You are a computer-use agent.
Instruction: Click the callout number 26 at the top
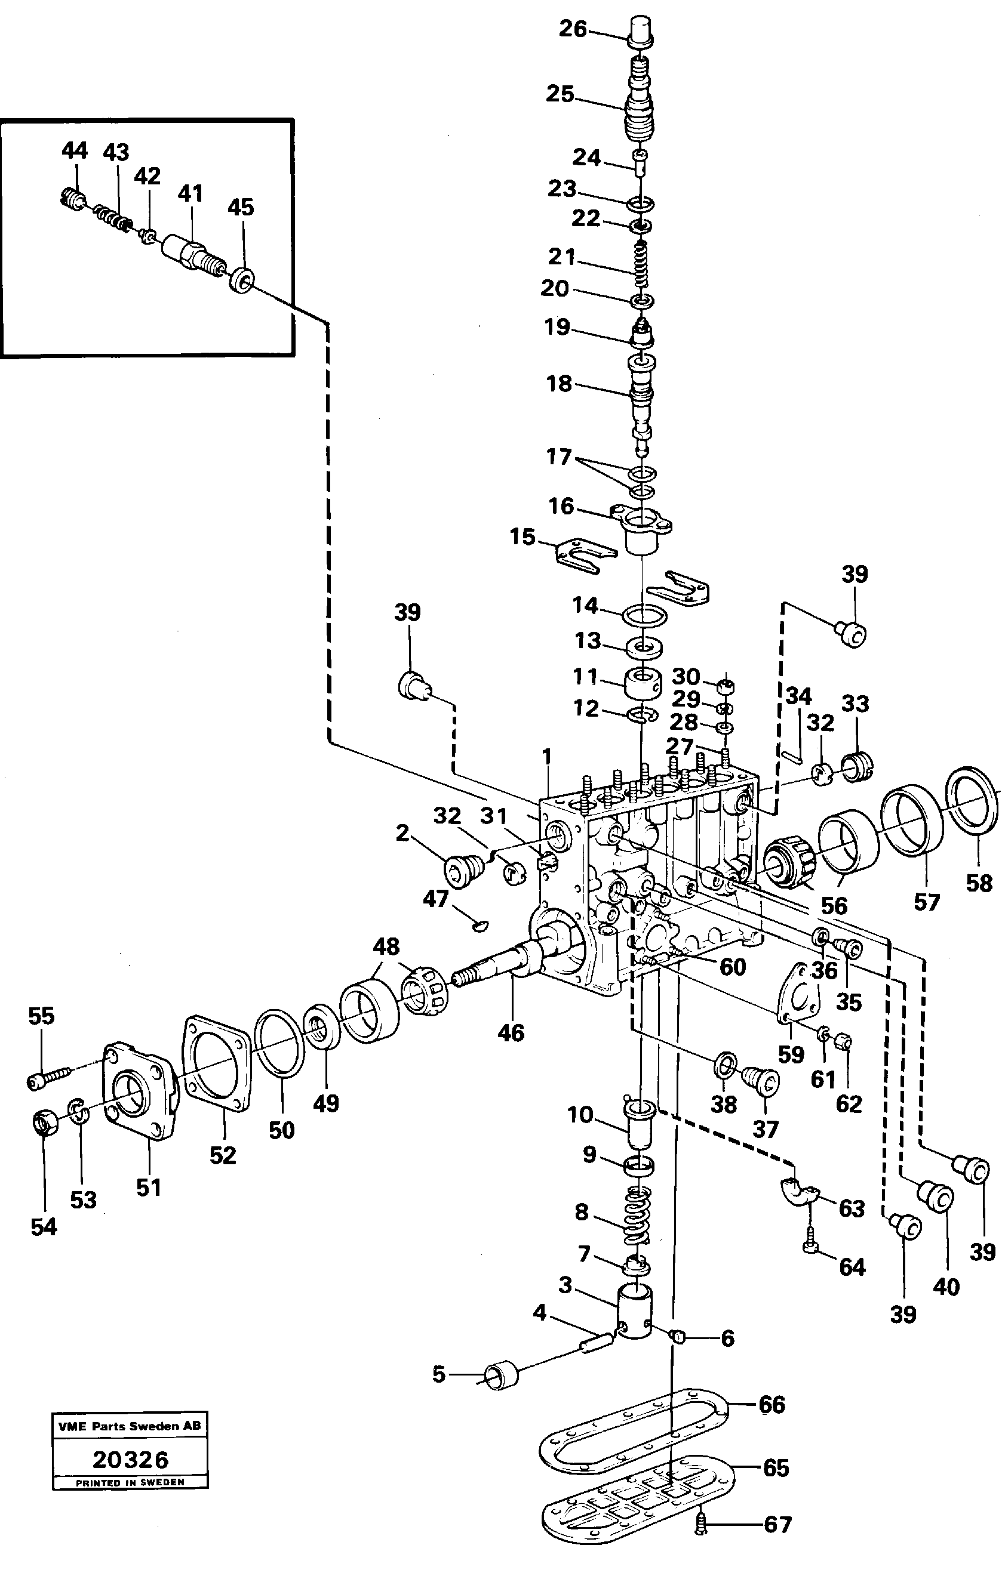[x=572, y=29]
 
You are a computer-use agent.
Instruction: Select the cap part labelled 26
[x=641, y=32]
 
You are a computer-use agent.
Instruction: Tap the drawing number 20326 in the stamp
[x=130, y=1460]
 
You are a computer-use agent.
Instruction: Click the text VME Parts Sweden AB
[x=130, y=1426]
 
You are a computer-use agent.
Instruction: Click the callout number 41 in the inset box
[x=190, y=194]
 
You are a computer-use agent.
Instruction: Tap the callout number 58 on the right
[x=979, y=883]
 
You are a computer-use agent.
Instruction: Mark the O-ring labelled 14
[x=645, y=616]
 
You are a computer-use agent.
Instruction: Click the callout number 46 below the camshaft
[x=511, y=1033]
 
